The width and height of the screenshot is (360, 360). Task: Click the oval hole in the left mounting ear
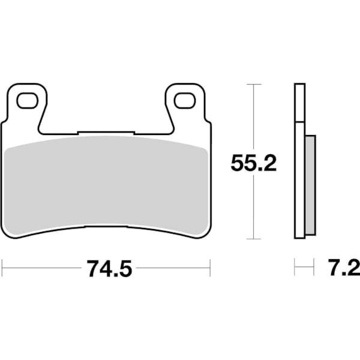pyautogui.click(x=26, y=101)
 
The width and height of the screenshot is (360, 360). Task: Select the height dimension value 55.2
pyautogui.click(x=254, y=163)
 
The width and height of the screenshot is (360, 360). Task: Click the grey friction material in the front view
pyautogui.click(x=106, y=183)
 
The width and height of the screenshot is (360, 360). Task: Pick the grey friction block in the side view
pyautogui.click(x=310, y=185)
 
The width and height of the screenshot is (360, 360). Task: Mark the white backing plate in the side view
pyautogui.click(x=299, y=162)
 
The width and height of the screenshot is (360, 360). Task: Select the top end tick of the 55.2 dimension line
pyautogui.click(x=254, y=85)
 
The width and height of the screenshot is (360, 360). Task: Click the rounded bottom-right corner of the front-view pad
pyautogui.click(x=206, y=232)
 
